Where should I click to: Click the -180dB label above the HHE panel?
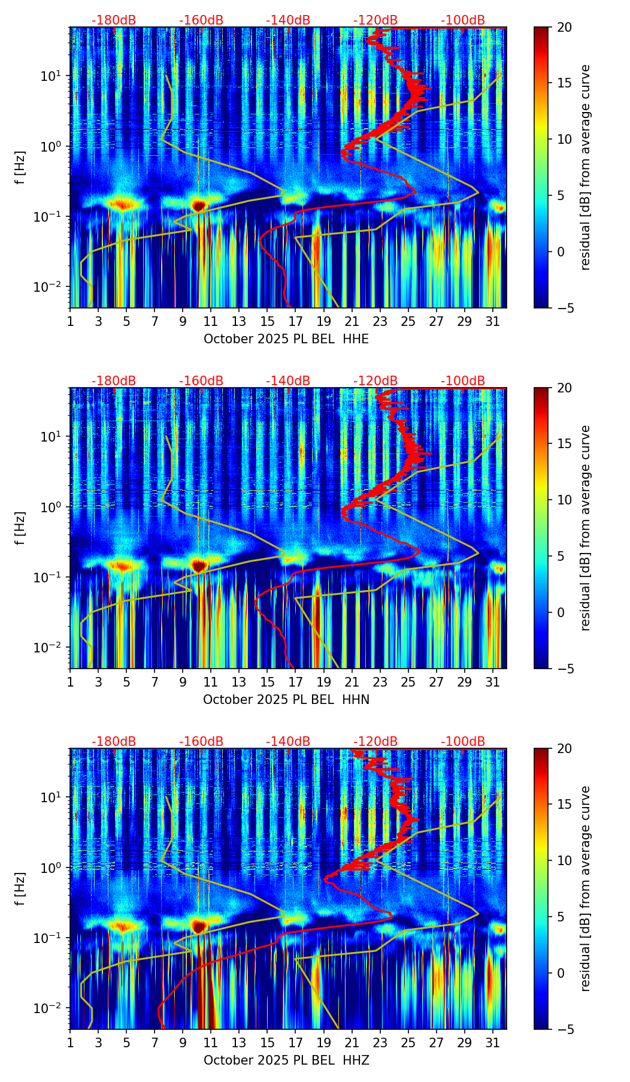[x=114, y=20]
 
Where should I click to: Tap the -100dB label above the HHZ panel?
[x=463, y=742]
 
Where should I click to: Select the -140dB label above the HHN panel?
[x=288, y=381]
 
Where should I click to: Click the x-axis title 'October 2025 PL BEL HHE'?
[x=286, y=339]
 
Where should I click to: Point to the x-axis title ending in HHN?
[x=286, y=700]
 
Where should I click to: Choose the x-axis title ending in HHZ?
[x=286, y=1060]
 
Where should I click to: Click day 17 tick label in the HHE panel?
[x=295, y=321]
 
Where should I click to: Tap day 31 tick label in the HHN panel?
[x=492, y=682]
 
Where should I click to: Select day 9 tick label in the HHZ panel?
[x=183, y=1042]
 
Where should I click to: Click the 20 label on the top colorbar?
[x=565, y=28]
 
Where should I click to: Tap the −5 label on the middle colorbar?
[x=565, y=669]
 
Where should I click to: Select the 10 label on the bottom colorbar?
[x=565, y=861]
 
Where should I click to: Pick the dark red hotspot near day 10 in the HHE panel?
[x=199, y=205]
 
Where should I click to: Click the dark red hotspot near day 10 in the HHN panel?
[x=199, y=566]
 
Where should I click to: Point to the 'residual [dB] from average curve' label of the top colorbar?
[x=585, y=167]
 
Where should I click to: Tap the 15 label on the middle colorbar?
[x=565, y=444]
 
